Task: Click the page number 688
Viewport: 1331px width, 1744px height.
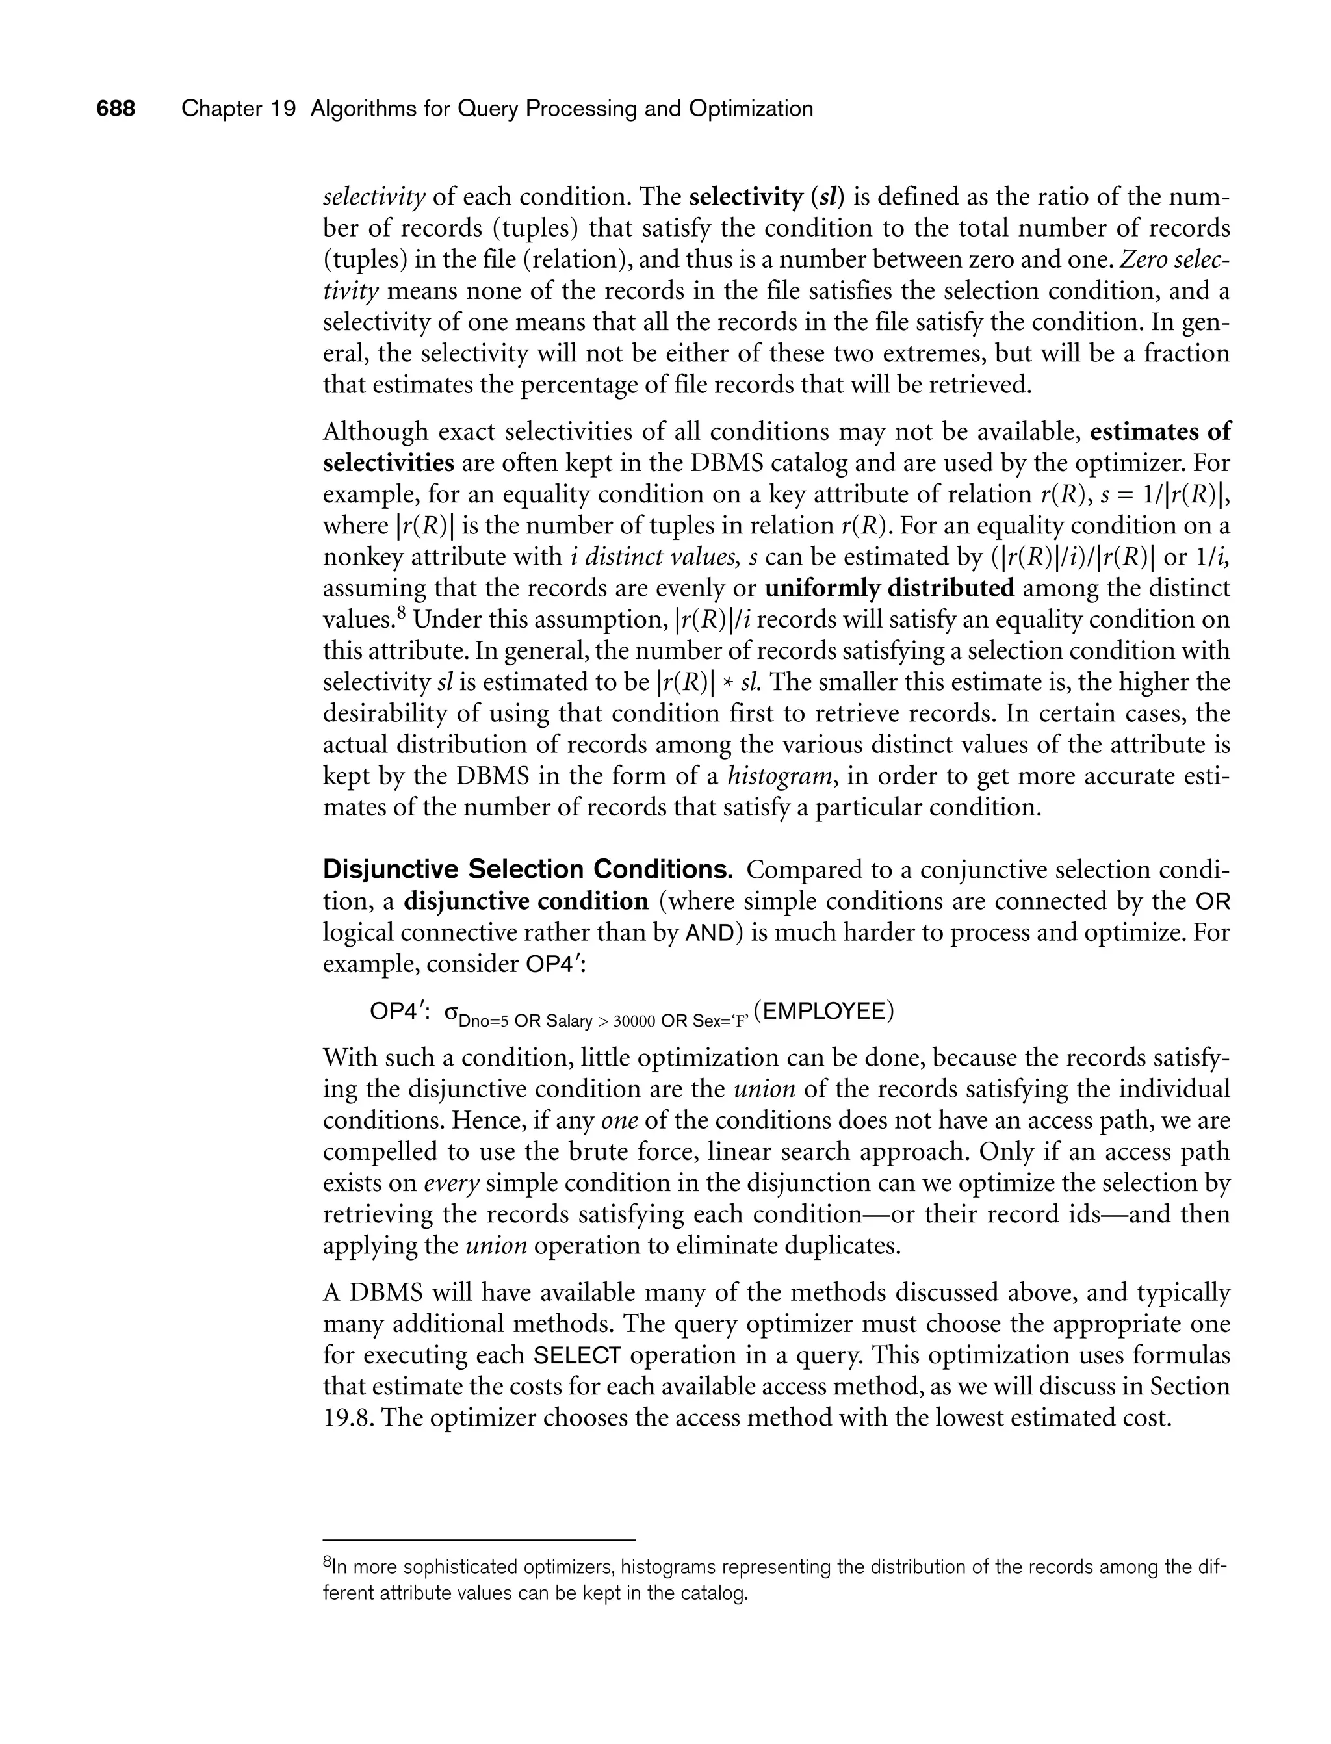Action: pyautogui.click(x=116, y=109)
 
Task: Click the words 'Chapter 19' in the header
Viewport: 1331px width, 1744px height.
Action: pyautogui.click(x=238, y=109)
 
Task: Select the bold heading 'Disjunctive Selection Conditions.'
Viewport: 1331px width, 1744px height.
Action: pyautogui.click(x=528, y=869)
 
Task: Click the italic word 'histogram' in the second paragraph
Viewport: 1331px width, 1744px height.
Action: pyautogui.click(x=782, y=776)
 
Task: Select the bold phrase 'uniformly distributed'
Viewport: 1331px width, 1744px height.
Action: pyautogui.click(x=889, y=589)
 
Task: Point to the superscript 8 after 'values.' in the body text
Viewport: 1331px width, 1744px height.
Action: pyautogui.click(x=402, y=612)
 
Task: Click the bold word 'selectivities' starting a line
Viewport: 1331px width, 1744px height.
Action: pyautogui.click(x=388, y=463)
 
